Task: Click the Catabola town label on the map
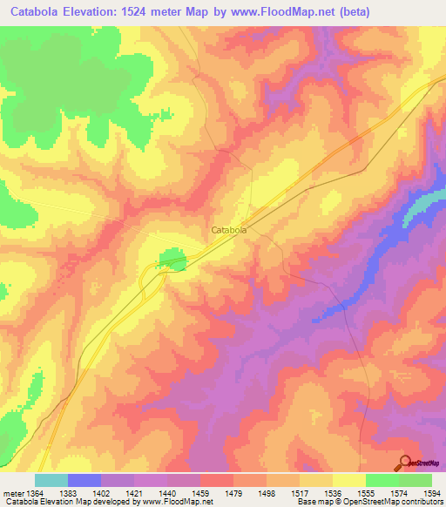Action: pyautogui.click(x=229, y=230)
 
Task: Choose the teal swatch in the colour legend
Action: pyautogui.click(x=51, y=480)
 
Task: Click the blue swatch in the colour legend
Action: pyautogui.click(x=84, y=480)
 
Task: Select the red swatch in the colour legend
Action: pyautogui.click(x=217, y=480)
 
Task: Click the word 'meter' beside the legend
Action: pyautogui.click(x=12, y=494)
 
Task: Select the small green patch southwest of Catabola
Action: pyautogui.click(x=171, y=259)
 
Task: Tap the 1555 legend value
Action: pyautogui.click(x=365, y=494)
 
